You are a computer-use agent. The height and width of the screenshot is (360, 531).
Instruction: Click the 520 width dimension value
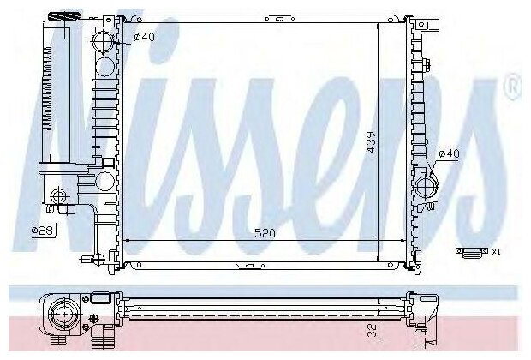point(265,233)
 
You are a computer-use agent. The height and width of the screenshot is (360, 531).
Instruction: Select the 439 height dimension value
point(372,142)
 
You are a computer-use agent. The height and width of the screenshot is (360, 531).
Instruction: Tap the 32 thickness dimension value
point(373,330)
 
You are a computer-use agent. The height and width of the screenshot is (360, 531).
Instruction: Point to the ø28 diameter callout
point(42,231)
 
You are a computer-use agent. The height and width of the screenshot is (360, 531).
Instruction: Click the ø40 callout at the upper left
point(144,37)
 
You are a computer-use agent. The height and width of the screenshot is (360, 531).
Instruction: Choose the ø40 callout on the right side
point(449,153)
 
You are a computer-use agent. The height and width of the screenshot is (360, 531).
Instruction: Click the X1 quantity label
point(496,251)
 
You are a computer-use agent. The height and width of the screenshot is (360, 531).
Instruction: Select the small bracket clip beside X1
point(473,253)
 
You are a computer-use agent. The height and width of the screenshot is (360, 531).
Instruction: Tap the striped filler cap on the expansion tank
point(63,16)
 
